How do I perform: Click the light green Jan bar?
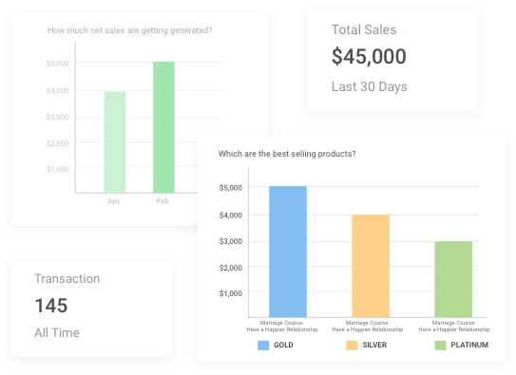(115, 141)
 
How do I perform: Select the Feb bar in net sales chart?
(163, 127)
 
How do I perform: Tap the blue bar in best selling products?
(288, 251)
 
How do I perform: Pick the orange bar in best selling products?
(371, 265)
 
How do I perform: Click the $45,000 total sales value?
(369, 57)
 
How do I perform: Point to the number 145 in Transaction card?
(51, 306)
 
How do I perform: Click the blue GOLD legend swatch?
(263, 345)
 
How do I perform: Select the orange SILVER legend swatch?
(352, 345)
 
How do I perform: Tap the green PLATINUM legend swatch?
(440, 345)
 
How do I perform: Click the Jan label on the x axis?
(114, 201)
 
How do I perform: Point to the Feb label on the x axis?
(162, 201)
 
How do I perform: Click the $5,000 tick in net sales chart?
(58, 64)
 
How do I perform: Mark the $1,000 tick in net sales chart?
(58, 169)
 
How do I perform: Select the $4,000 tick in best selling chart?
(231, 215)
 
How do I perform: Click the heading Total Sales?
(364, 30)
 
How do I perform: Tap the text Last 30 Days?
(369, 87)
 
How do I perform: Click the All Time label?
(57, 333)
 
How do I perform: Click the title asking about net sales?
(129, 30)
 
